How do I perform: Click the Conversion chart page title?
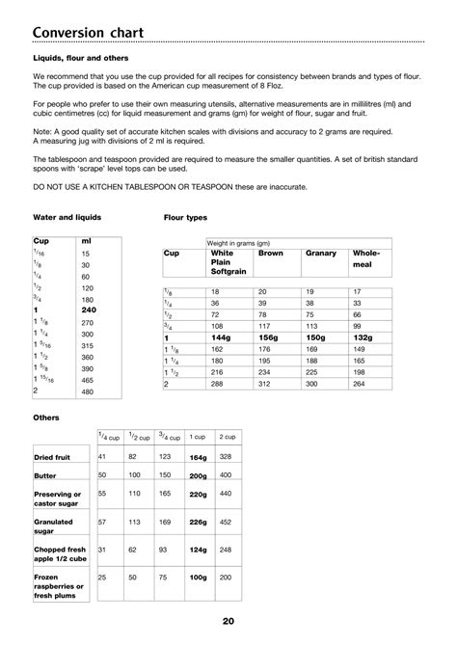tap(88, 35)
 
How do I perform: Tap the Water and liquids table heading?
tap(67, 218)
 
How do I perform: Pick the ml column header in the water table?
tap(87, 240)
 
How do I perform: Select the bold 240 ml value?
tap(88, 311)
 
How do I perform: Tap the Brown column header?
tap(271, 253)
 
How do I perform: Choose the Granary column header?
tap(320, 253)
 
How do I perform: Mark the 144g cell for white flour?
tap(222, 338)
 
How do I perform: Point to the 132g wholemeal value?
tap(365, 338)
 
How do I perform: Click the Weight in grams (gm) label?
tap(236, 242)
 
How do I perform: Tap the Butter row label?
tap(46, 475)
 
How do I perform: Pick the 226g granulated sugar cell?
tap(199, 522)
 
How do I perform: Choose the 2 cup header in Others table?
tap(228, 438)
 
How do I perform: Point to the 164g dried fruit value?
tap(199, 457)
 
